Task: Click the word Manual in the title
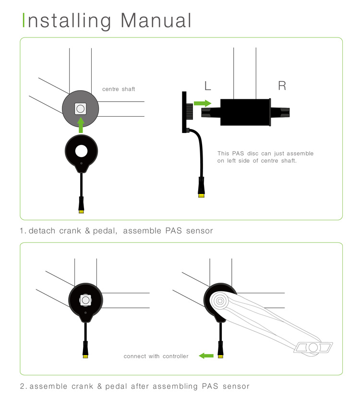pos(156,20)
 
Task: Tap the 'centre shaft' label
pos(119,89)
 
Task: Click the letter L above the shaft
pos(208,86)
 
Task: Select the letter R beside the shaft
pos(282,86)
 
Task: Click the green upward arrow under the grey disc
pos(81,125)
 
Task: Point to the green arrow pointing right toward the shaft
pos(203,103)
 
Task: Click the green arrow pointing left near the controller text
pos(206,356)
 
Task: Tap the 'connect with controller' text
pos(156,356)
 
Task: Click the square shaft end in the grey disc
pos(80,108)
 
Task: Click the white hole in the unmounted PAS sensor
pos(82,151)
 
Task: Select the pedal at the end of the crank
pos(313,348)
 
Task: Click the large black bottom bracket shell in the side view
pos(245,112)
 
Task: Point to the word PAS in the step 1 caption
pos(173,231)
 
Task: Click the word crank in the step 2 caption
pos(83,386)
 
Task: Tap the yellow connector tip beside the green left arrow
pos(221,356)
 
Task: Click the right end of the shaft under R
pos(289,112)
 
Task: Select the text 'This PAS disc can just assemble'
pos(265,154)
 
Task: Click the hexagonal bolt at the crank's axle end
pos(220,301)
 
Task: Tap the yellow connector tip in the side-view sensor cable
pos(202,195)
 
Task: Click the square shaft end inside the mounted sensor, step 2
pos(85,300)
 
